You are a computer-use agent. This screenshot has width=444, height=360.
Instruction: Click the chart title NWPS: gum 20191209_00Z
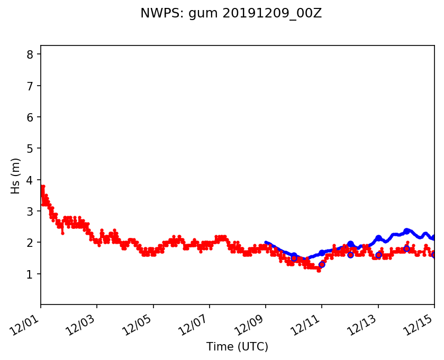point(231,14)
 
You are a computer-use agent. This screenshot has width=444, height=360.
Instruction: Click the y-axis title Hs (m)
point(16,176)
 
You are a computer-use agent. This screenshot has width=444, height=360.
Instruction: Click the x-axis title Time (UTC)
point(237,347)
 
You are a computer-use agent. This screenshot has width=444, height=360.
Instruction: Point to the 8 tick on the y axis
point(30,54)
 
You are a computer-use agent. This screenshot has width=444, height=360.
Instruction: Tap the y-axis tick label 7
point(30,86)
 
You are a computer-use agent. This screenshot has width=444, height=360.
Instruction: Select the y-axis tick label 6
point(30,117)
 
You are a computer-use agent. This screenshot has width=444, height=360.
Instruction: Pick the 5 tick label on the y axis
point(30,149)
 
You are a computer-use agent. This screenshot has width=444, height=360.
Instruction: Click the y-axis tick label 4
point(30,180)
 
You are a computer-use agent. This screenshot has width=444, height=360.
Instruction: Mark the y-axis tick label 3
point(30,211)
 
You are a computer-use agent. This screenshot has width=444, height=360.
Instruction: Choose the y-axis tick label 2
point(30,243)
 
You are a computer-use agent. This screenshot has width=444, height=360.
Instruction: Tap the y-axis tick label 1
point(30,274)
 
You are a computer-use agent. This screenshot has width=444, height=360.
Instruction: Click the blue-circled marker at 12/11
point(322,264)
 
